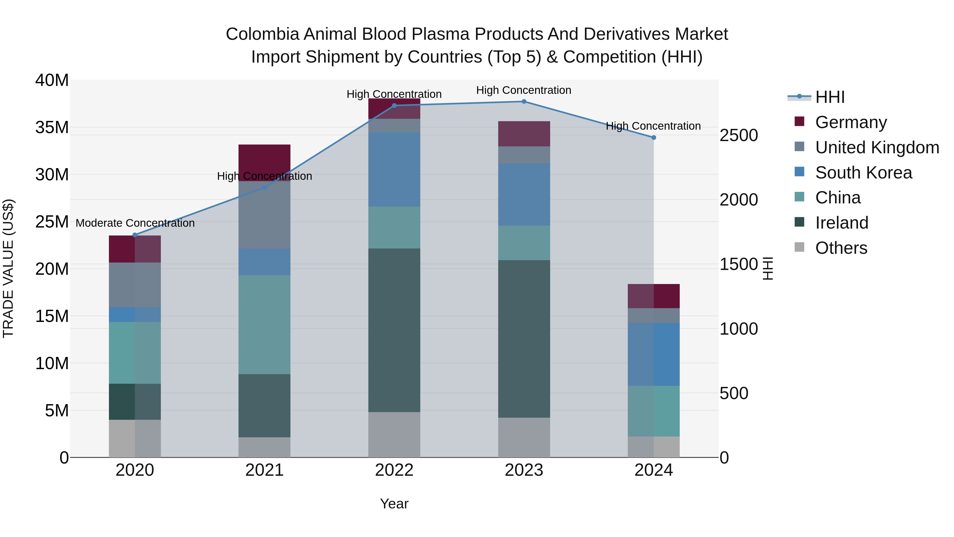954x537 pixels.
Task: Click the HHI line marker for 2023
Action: pyautogui.click(x=524, y=102)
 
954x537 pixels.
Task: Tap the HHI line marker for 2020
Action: pyautogui.click(x=135, y=235)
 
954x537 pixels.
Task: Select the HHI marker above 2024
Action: pyautogui.click(x=654, y=137)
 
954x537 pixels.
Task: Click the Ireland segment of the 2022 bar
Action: pyautogui.click(x=394, y=330)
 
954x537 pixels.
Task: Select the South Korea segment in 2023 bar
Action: pyautogui.click(x=524, y=195)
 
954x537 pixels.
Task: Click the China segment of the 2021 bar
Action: pyautogui.click(x=264, y=324)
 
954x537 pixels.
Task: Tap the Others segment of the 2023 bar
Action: pyautogui.click(x=524, y=437)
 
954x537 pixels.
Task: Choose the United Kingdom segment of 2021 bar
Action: pyautogui.click(x=264, y=215)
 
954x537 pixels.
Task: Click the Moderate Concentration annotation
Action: pyautogui.click(x=135, y=223)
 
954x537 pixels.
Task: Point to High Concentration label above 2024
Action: pyautogui.click(x=653, y=126)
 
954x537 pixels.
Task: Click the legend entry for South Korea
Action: pyautogui.click(x=863, y=173)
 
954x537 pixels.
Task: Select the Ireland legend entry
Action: pyautogui.click(x=841, y=223)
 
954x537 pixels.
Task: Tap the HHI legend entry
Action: pyautogui.click(x=829, y=97)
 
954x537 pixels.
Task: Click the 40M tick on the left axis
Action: pyautogui.click(x=52, y=80)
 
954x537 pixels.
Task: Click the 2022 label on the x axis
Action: pyautogui.click(x=394, y=470)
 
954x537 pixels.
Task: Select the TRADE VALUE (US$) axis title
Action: pyautogui.click(x=8, y=268)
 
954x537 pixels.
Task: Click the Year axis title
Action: pyautogui.click(x=394, y=504)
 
